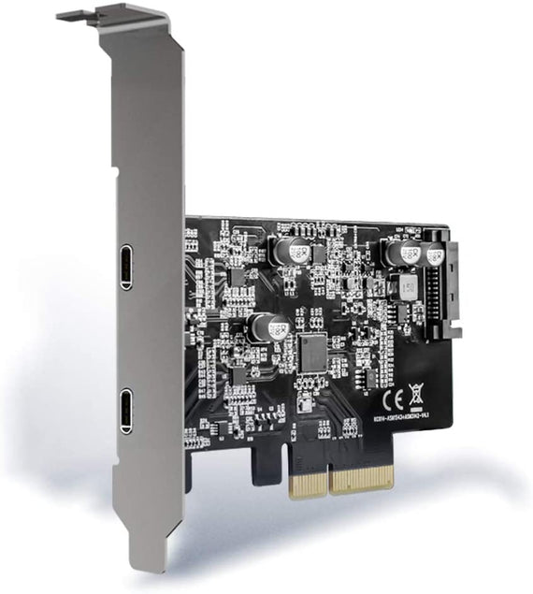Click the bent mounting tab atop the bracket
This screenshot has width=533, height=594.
(x=80, y=14)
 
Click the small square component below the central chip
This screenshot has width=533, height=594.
(x=306, y=401)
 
